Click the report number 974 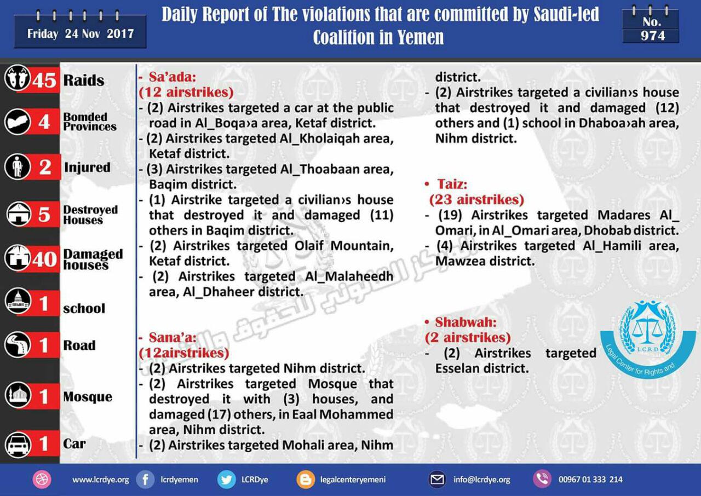coord(652,36)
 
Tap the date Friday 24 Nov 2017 coord(81,33)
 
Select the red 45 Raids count coord(44,80)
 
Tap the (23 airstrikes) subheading coord(476,199)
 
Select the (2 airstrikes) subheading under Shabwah coord(468,337)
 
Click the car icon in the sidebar coord(18,444)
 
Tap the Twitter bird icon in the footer coord(226,480)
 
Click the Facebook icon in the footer coord(145,480)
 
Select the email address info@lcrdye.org coord(481,480)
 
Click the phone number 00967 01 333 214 coord(590,480)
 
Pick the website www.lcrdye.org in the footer coord(101,480)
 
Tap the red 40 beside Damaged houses coord(44,259)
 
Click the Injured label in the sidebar coord(87,168)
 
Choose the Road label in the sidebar coord(79,345)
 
